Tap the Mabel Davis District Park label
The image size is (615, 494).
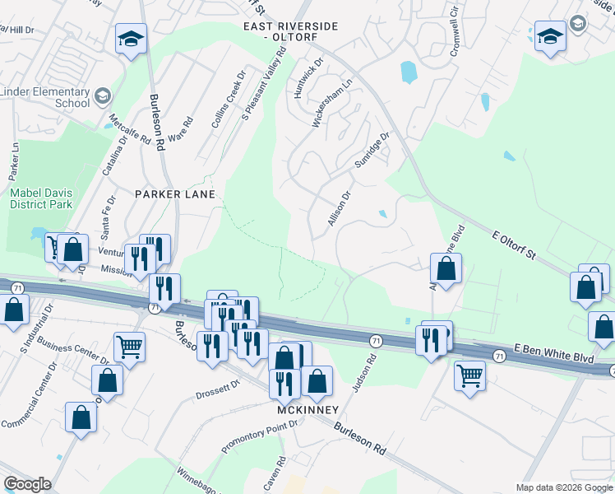40,198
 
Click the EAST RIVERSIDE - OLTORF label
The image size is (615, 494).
290,32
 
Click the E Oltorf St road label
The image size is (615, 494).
514,245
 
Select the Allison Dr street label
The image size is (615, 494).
339,209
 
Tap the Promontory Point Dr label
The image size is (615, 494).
261,436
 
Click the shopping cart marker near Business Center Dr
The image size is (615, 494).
129,346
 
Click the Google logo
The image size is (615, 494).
28,484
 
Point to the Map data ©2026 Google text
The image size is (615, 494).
563,487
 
